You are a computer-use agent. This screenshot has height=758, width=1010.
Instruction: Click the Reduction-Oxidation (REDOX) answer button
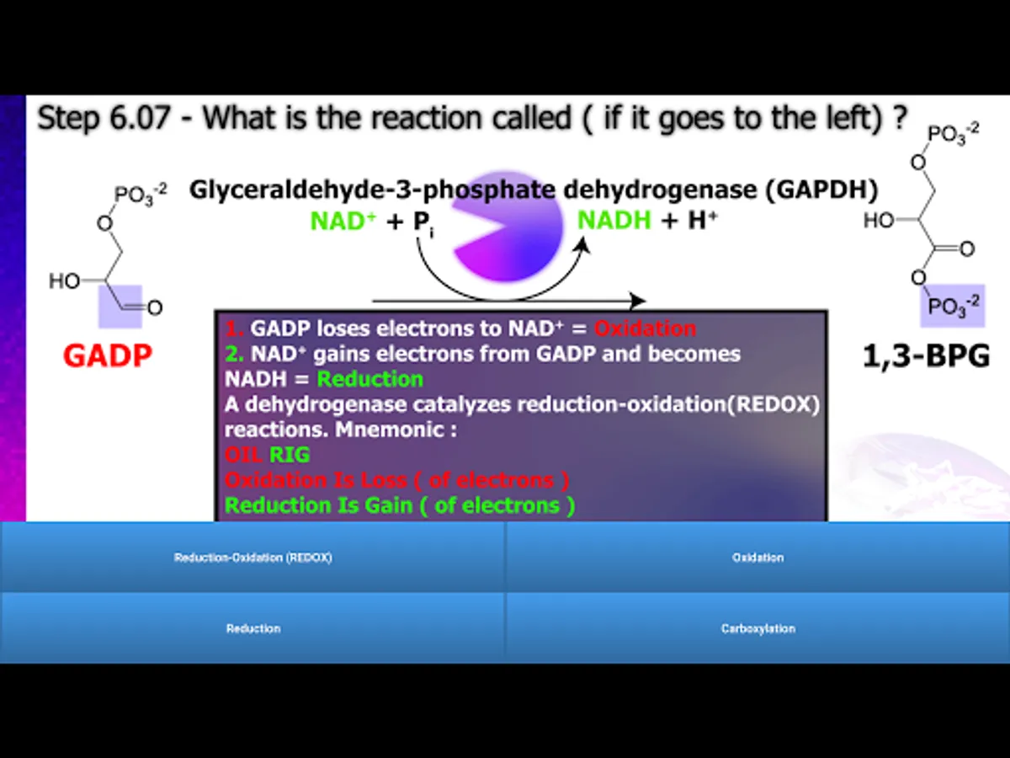(252, 557)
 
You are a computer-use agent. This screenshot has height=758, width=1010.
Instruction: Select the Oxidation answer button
(757, 557)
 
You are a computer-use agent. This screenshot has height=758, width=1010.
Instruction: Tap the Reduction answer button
(252, 628)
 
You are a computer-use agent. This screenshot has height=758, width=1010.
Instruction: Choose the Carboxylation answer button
(757, 628)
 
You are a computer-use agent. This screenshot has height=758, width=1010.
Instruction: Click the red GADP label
(107, 355)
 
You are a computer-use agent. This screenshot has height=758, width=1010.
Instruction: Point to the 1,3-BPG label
(926, 356)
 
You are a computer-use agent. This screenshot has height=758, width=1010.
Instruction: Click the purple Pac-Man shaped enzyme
(508, 226)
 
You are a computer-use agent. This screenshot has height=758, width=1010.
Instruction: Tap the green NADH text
(614, 220)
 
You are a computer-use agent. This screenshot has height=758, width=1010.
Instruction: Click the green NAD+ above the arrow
(343, 221)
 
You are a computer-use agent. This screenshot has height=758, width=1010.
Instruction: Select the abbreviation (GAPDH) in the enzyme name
(821, 189)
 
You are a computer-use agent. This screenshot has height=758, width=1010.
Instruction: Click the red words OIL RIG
(267, 455)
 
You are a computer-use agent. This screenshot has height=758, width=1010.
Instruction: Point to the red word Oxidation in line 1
(645, 328)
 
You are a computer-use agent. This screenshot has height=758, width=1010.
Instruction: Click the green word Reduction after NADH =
(370, 379)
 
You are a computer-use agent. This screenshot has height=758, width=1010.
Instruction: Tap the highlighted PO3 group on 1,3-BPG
(953, 306)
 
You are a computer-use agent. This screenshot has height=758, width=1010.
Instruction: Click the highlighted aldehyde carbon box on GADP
(120, 307)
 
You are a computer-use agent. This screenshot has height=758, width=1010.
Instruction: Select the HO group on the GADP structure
(64, 281)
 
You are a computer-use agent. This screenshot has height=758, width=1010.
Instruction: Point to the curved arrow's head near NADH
(583, 244)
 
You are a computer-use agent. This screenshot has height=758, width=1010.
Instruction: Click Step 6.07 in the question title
(104, 118)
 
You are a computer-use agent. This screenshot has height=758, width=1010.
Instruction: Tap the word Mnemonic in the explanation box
(396, 430)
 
